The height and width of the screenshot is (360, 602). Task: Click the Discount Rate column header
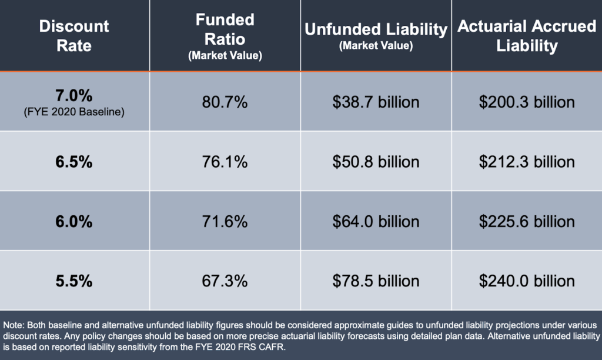tap(74, 35)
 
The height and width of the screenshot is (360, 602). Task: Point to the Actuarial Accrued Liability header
tap(527, 35)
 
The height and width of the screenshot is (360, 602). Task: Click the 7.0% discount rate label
tap(74, 95)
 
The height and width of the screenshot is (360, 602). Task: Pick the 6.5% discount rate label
tap(74, 162)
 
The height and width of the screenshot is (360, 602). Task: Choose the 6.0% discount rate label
tap(74, 222)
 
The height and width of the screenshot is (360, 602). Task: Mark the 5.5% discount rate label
tap(74, 281)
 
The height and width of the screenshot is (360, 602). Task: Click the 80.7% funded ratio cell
tap(225, 102)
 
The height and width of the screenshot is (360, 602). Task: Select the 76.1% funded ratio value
tap(225, 162)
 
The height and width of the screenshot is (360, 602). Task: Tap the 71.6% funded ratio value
tap(225, 222)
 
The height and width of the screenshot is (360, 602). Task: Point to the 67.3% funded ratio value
tap(225, 281)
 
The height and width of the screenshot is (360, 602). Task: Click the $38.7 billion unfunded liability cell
tap(376, 102)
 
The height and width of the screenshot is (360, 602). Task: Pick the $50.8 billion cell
tap(376, 162)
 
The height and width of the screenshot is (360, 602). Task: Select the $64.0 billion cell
tap(376, 222)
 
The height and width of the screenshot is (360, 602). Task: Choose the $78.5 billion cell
tap(376, 281)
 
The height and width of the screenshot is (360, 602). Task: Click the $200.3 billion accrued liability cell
tap(527, 102)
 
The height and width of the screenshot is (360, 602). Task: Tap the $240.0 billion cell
tap(527, 281)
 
